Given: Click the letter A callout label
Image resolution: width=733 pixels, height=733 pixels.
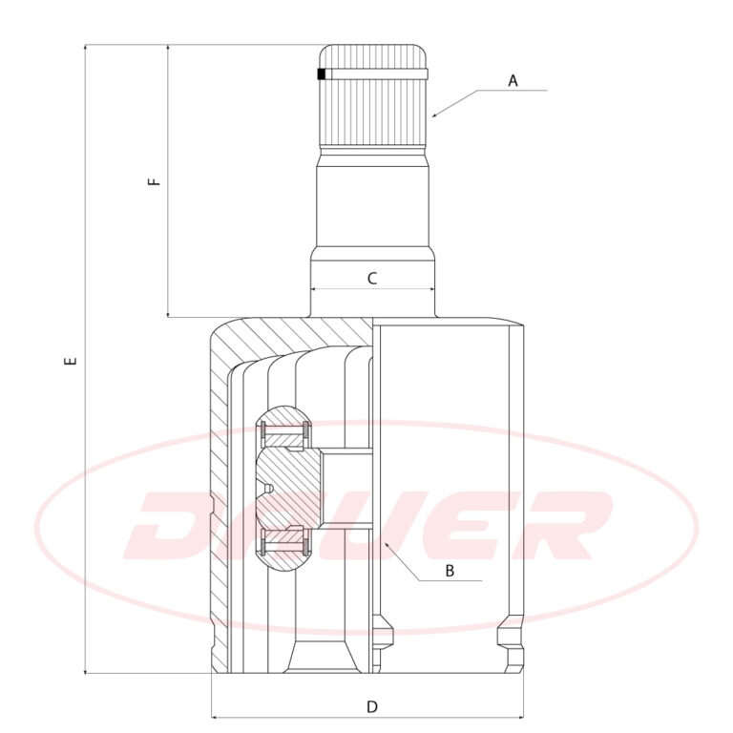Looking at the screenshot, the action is click(513, 81).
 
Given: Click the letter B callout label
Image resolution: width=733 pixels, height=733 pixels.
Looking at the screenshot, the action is click(450, 571).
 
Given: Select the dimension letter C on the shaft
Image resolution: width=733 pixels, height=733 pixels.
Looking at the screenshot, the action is click(372, 279).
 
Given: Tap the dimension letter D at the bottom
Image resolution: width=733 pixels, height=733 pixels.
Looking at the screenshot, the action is click(371, 706).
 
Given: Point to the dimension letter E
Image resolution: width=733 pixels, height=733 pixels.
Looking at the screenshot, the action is click(71, 361).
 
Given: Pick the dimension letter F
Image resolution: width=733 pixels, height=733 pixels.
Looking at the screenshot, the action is click(154, 181).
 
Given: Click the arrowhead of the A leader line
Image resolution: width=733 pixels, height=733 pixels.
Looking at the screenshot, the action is click(435, 115).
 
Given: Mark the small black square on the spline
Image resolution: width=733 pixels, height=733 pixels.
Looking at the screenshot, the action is click(321, 73).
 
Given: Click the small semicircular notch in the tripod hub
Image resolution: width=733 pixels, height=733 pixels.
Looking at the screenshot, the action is click(268, 489).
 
